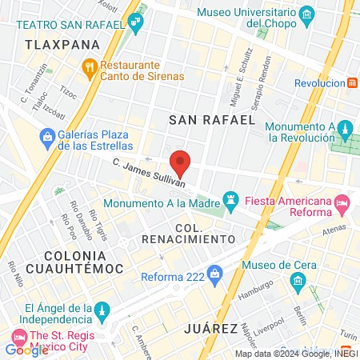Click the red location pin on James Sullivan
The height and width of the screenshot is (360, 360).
pos(180,162)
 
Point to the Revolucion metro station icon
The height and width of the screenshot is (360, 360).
pos(353,82)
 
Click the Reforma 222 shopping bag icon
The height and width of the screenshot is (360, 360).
pos(214,275)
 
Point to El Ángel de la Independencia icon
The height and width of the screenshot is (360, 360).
pos(100,310)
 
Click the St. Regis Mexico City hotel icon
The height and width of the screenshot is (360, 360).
pos(18,334)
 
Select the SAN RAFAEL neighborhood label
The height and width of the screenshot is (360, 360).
pos(212,120)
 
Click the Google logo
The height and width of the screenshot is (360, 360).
pos(26,350)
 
